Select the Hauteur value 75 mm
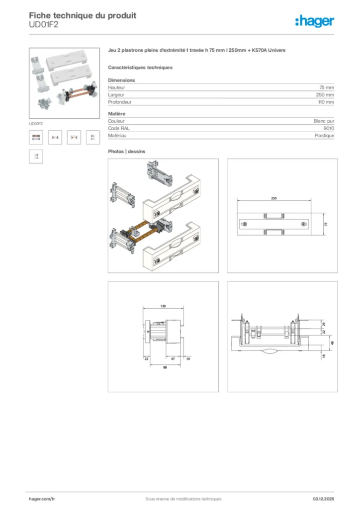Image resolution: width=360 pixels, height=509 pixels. (x=326, y=87)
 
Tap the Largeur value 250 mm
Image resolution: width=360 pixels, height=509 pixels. (x=325, y=94)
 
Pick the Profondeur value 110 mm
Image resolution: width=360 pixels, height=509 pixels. (x=325, y=102)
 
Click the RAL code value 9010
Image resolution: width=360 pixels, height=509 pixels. (x=329, y=128)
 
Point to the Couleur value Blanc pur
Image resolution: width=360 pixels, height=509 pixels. (x=324, y=121)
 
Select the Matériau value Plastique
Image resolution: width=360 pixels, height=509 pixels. (x=324, y=135)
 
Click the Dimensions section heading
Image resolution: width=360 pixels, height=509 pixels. (x=121, y=80)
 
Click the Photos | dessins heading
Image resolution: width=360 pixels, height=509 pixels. (x=127, y=151)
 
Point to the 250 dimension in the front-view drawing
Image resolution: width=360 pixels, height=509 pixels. (x=273, y=198)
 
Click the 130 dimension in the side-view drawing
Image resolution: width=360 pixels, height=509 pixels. (x=163, y=307)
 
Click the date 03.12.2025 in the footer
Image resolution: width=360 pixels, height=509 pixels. (x=323, y=499)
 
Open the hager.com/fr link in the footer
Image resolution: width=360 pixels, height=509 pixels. (x=42, y=499)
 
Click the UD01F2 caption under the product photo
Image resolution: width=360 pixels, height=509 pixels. (x=36, y=123)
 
